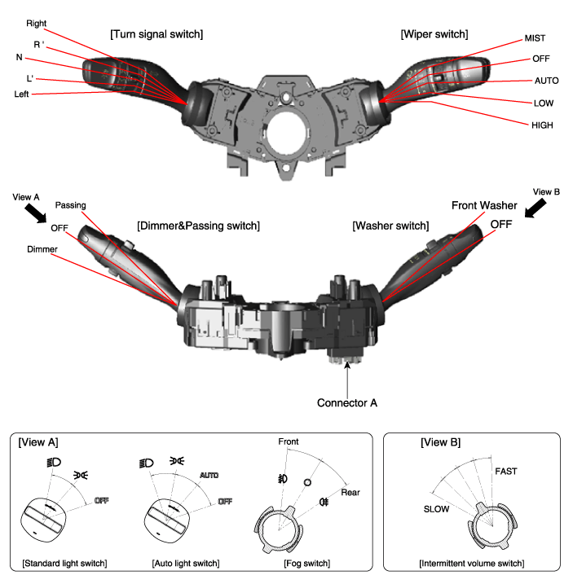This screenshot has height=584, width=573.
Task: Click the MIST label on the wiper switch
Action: point(536,38)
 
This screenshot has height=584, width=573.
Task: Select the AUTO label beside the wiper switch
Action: point(545,81)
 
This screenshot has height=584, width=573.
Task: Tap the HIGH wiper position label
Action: point(544,125)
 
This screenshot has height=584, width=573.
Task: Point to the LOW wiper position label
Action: point(543,103)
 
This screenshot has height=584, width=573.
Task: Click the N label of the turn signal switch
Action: point(20,59)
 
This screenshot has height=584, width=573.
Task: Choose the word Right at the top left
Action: point(37,23)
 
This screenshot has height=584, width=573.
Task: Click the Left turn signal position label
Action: point(27,94)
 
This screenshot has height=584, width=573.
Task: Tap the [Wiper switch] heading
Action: point(434,34)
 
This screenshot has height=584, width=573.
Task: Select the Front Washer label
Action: point(485,205)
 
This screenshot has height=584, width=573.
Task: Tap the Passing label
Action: point(70,205)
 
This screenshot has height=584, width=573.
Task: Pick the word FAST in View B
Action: point(505,471)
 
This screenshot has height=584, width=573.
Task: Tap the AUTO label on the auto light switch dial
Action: point(209,474)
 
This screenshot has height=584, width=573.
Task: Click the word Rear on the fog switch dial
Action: point(351,492)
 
